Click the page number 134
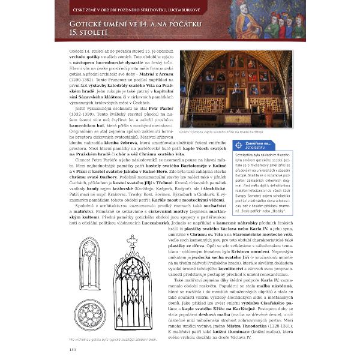[x=73, y=349]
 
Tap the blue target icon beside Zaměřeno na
[x=240, y=145]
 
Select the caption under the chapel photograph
[x=213, y=130]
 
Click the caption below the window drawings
[x=109, y=340]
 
